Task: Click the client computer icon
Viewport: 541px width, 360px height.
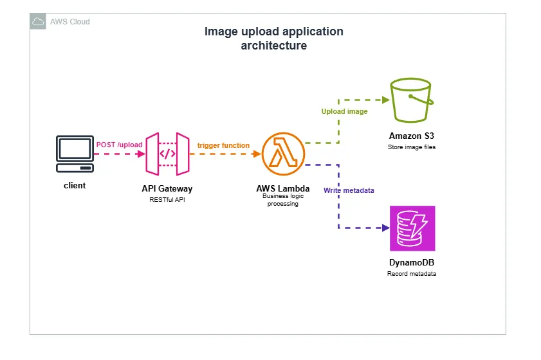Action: pos(75,154)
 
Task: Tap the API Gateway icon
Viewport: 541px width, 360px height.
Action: pos(167,154)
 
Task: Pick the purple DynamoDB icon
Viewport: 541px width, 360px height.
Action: pos(412,228)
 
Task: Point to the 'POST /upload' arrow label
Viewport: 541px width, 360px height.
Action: pos(119,145)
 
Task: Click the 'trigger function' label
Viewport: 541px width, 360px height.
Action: pos(223,145)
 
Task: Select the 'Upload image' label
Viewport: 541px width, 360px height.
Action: pos(345,111)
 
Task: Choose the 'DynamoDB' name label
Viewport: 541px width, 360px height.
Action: pos(412,263)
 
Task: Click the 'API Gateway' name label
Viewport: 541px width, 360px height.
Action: pos(167,189)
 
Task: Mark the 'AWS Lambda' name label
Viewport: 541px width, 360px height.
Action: pos(282,188)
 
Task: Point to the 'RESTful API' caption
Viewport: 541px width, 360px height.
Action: pos(167,199)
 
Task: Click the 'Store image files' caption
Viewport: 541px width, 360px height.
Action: pos(412,147)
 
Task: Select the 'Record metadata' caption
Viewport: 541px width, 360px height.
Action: pos(412,274)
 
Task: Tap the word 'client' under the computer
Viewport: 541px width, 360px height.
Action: pos(75,185)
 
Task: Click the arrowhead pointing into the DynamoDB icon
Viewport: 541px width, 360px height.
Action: pos(385,228)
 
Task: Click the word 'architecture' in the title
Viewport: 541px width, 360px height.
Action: pos(273,46)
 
